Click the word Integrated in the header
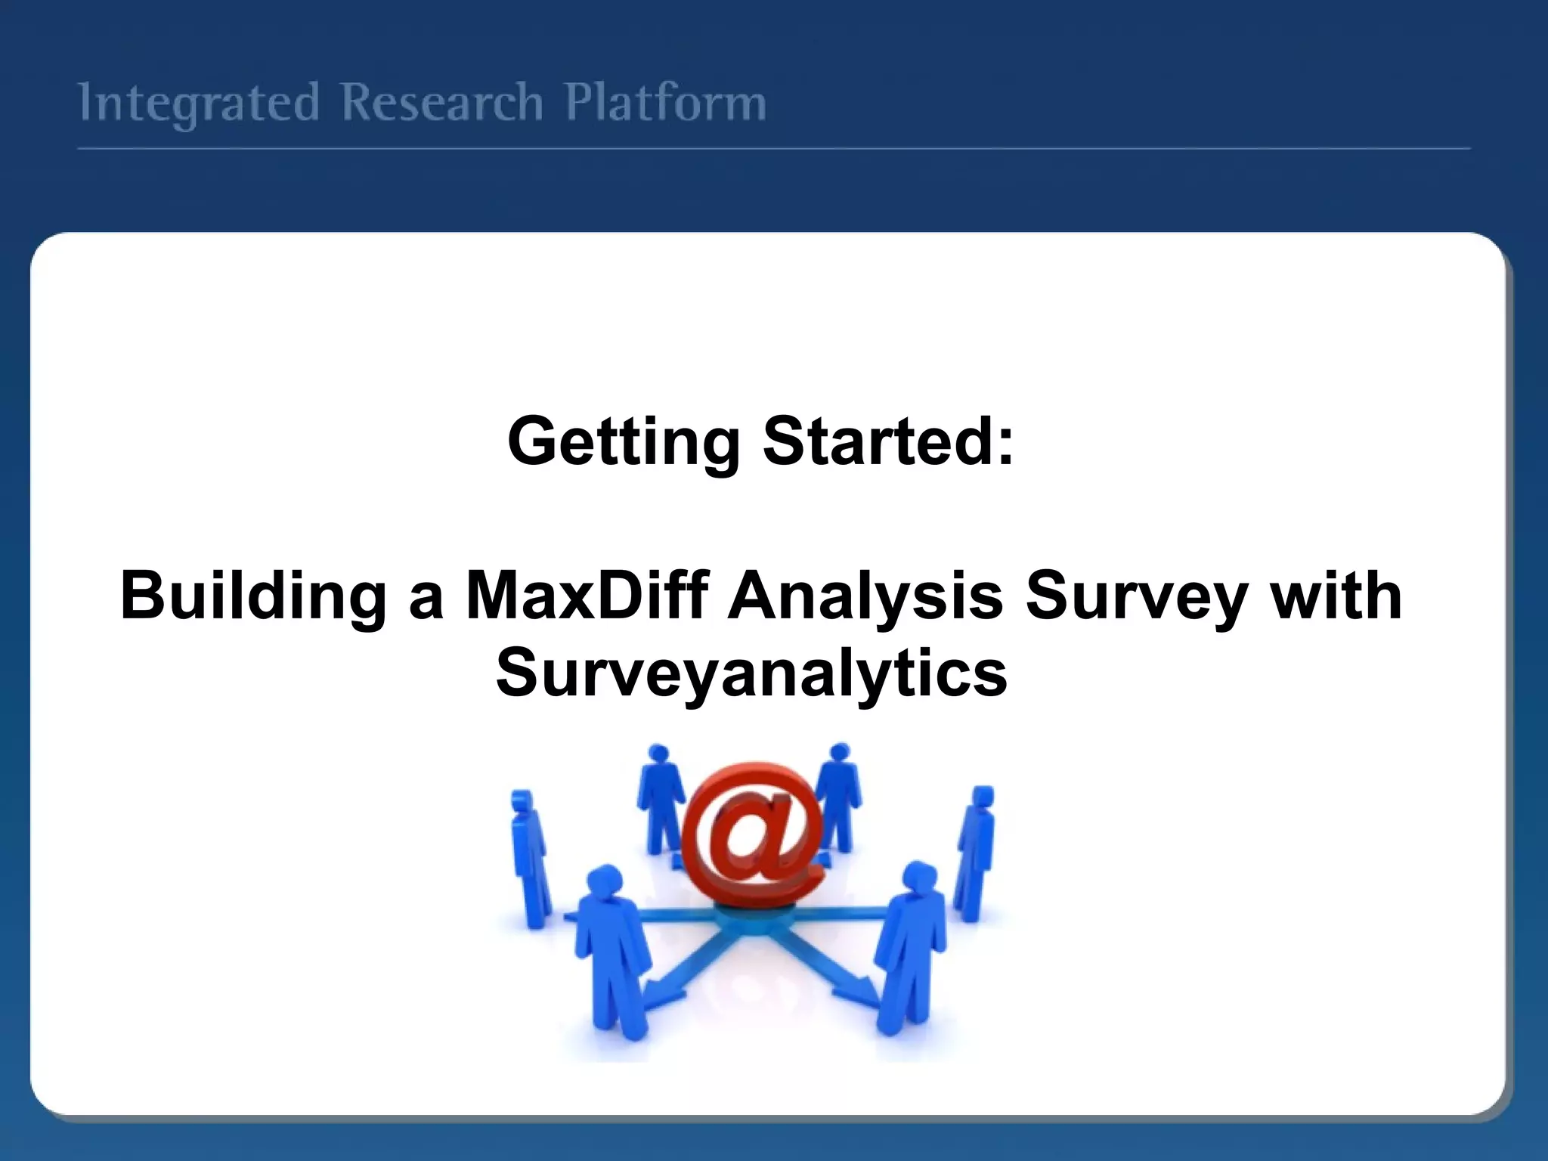[199, 104]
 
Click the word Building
[253, 596]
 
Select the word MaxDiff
[587, 596]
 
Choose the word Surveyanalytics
[751, 673]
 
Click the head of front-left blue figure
[605, 881]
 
